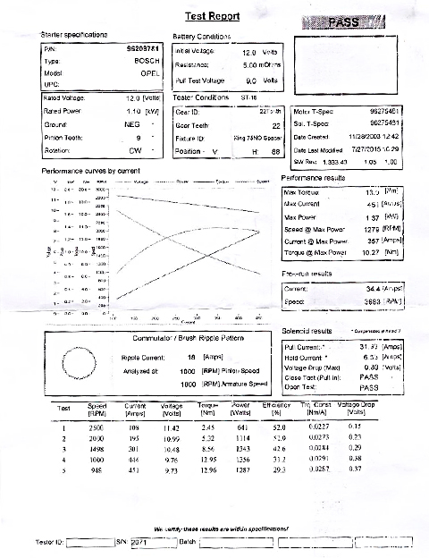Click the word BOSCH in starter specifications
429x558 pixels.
point(147,63)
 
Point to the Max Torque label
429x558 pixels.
point(302,191)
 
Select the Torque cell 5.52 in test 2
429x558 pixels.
point(207,438)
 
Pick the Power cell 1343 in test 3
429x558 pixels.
point(241,448)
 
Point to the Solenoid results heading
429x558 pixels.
point(307,331)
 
